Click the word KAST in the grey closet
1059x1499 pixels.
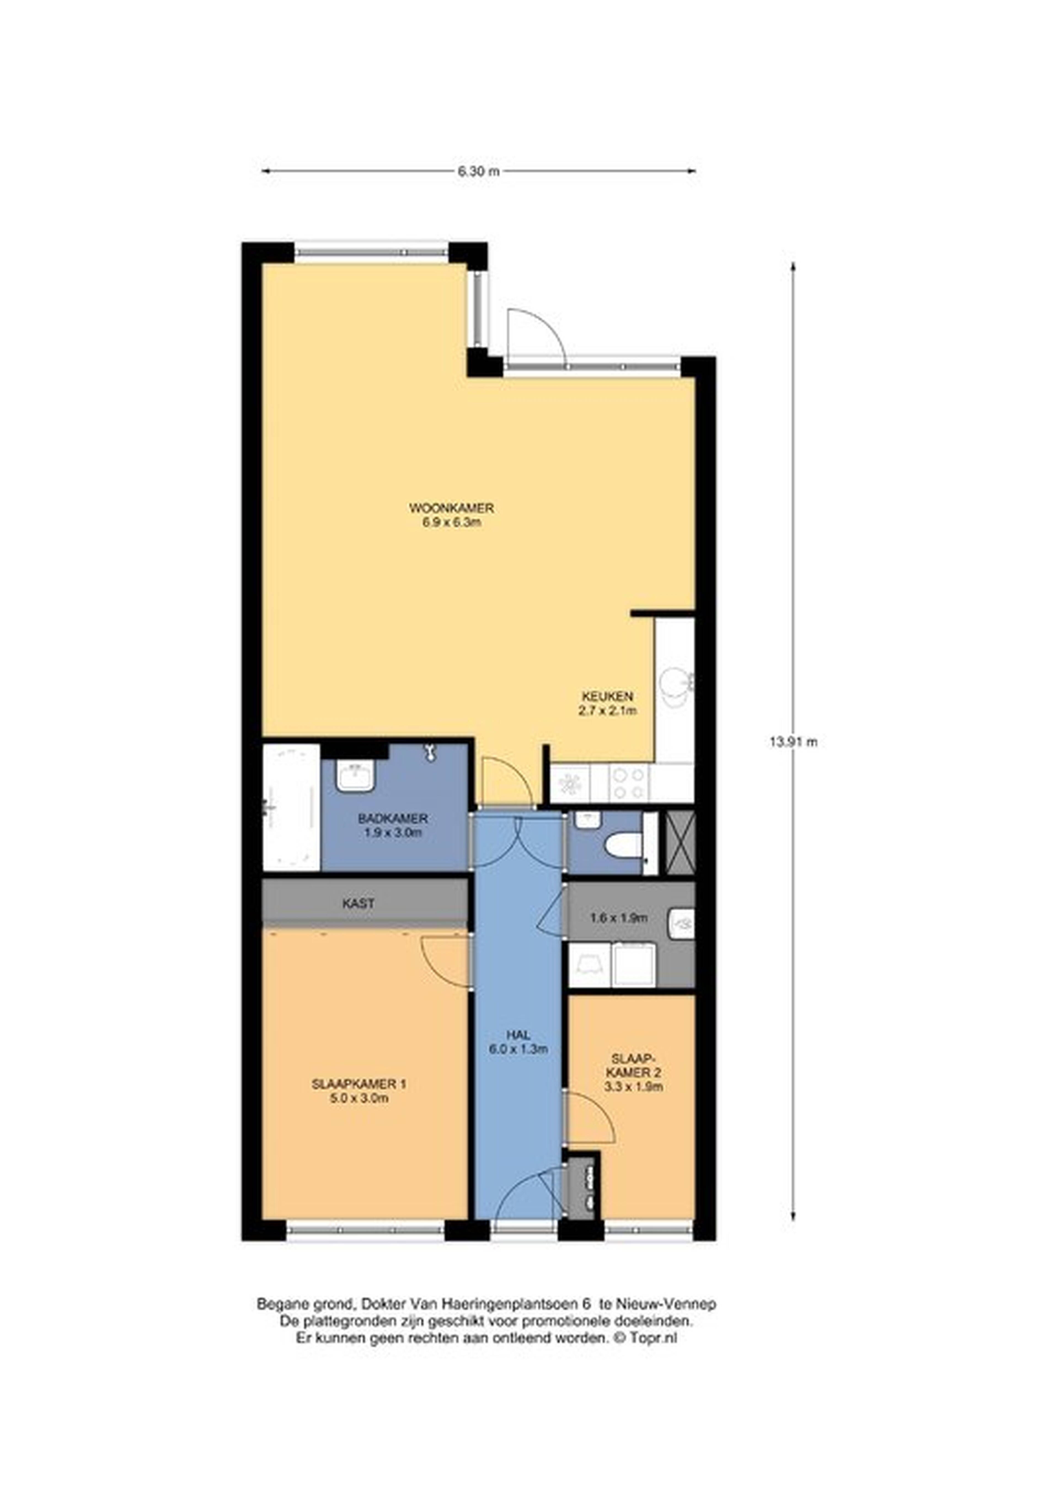pyautogui.click(x=359, y=904)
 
